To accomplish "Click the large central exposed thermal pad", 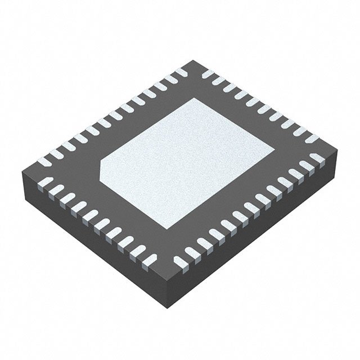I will click(x=186, y=163).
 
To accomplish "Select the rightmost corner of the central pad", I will click(x=274, y=150).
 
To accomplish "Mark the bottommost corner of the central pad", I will click(x=168, y=229).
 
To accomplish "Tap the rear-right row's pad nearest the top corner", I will click(x=207, y=74).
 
